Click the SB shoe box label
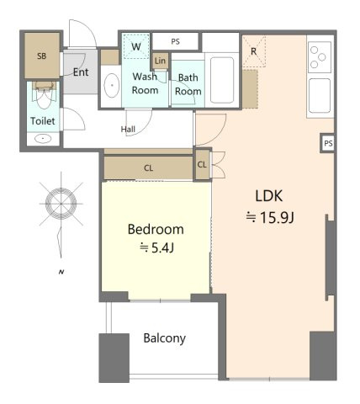coord(42,56)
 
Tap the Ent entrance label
coord(81,72)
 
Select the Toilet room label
coord(43,121)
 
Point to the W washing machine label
coord(136,46)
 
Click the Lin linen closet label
coord(160,61)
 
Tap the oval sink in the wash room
coord(112,85)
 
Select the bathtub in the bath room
coord(222,80)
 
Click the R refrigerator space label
coord(254,51)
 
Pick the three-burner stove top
coord(320,57)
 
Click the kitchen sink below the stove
coord(320,95)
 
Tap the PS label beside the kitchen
coord(328,143)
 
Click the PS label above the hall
coord(176,42)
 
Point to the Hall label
coord(128,130)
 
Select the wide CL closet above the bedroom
coord(148,167)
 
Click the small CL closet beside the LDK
coord(203,165)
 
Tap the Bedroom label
coord(156,230)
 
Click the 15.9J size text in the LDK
coord(270,217)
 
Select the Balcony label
coord(165,338)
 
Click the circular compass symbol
coord(61,204)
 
